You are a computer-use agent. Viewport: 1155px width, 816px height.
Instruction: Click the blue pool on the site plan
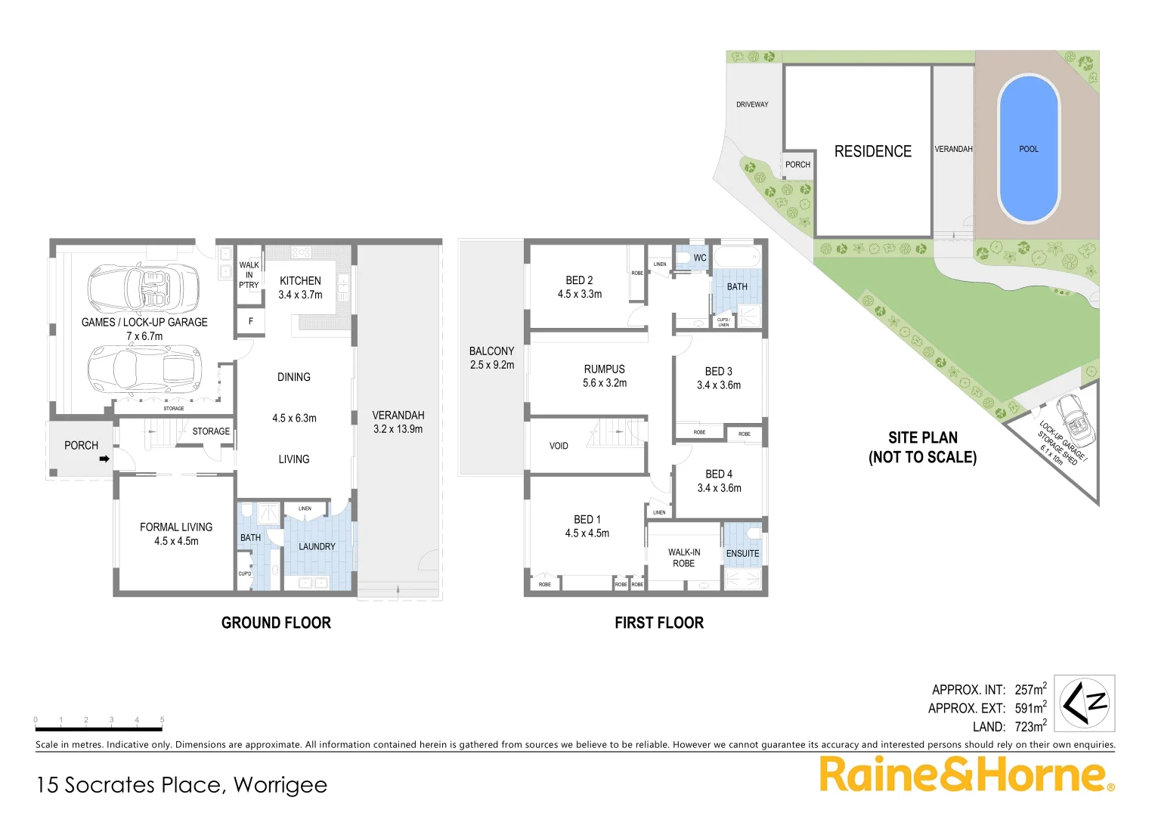pyautogui.click(x=1028, y=149)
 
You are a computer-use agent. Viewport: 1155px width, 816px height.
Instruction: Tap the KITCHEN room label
pyautogui.click(x=300, y=280)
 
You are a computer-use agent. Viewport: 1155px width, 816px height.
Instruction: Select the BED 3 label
pyautogui.click(x=718, y=371)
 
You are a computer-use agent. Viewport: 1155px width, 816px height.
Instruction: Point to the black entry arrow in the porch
pyautogui.click(x=104, y=459)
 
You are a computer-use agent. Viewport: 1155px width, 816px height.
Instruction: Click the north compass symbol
pyautogui.click(x=1084, y=703)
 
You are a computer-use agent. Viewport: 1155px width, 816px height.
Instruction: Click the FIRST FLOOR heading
pyautogui.click(x=658, y=623)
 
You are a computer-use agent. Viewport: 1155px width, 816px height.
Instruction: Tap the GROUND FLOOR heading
pyautogui.click(x=276, y=623)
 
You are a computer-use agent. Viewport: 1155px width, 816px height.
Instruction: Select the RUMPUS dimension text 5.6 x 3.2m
pyautogui.click(x=604, y=383)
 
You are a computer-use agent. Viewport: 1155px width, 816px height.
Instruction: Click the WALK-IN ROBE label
pyautogui.click(x=683, y=558)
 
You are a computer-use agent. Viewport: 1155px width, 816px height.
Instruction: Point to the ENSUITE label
pyautogui.click(x=742, y=553)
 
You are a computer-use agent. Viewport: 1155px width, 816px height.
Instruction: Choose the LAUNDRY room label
pyautogui.click(x=317, y=546)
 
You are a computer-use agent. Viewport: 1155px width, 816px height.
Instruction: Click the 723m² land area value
pyautogui.click(x=1030, y=726)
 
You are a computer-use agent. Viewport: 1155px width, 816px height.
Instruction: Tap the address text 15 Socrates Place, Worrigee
pyautogui.click(x=181, y=785)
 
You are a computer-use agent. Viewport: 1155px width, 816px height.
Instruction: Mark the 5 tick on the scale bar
pyautogui.click(x=162, y=720)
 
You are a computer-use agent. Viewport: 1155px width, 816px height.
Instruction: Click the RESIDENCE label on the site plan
pyautogui.click(x=872, y=151)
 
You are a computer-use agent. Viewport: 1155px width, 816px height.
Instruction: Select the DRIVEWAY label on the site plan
pyautogui.click(x=751, y=104)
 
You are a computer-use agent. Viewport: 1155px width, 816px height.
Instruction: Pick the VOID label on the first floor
pyautogui.click(x=559, y=446)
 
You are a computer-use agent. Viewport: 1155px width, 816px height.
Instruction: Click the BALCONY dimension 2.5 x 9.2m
pyautogui.click(x=491, y=365)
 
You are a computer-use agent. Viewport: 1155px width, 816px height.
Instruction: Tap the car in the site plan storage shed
pyautogui.click(x=1073, y=419)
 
